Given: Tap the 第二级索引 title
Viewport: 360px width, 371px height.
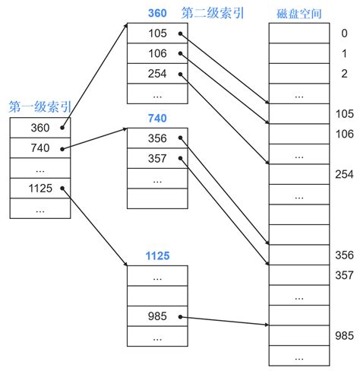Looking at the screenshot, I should [212, 14].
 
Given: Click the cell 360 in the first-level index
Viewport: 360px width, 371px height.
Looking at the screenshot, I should [40, 127].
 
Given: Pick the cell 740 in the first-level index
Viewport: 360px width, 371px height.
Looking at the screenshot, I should [40, 147].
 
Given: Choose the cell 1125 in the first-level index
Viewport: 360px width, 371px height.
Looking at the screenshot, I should [40, 188].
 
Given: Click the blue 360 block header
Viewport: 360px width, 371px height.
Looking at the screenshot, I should [157, 14].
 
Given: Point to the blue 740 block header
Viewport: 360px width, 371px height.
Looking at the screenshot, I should [157, 118].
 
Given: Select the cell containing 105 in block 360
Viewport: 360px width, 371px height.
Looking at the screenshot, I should [157, 33].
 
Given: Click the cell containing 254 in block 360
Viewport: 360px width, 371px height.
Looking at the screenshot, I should [157, 75].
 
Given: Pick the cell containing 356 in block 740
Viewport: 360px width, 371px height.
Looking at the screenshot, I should [157, 138].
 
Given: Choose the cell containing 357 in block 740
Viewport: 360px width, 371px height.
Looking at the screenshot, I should [157, 158].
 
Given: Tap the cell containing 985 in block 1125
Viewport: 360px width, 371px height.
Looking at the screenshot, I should [157, 317].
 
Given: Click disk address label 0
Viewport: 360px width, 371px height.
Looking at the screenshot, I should [344, 33].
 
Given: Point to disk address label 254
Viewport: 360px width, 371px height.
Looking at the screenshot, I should [344, 174].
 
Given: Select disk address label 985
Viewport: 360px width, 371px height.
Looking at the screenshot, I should [344, 335].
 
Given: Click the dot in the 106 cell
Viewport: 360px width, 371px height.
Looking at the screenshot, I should [180, 54].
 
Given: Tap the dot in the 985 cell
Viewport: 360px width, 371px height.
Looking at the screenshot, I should [180, 317].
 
